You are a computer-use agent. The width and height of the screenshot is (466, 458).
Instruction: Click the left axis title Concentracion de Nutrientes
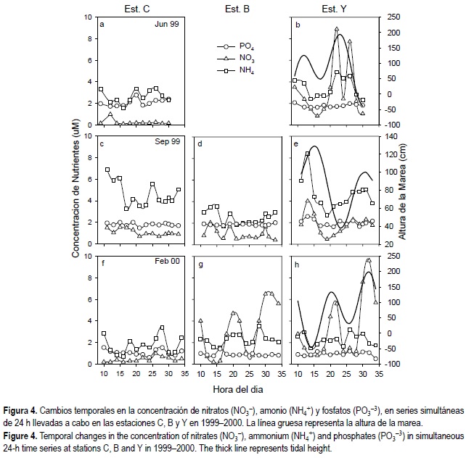coord(75,191)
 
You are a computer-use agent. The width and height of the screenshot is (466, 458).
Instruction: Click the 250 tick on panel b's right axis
coord(392,17)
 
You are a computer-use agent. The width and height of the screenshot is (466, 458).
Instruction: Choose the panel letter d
coord(201,143)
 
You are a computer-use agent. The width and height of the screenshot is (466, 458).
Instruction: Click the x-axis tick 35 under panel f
coord(184,374)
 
